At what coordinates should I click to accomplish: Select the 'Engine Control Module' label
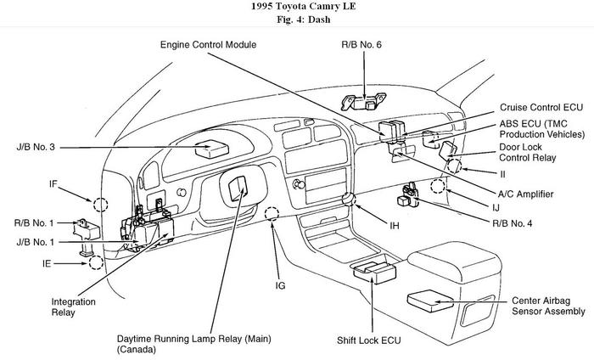pos(209,43)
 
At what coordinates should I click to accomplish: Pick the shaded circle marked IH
pos(347,200)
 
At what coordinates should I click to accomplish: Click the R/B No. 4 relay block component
pos(406,200)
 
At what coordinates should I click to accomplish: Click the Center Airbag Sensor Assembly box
pos(434,299)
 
